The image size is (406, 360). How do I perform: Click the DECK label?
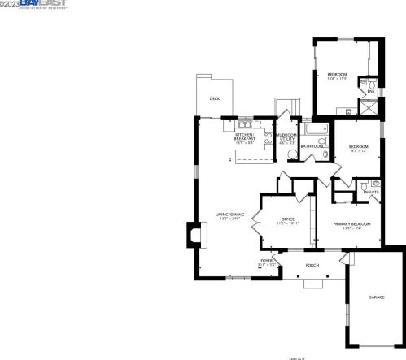(x=215, y=98)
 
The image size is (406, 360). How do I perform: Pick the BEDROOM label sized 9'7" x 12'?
(x=359, y=149)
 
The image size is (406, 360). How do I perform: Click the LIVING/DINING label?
(x=229, y=215)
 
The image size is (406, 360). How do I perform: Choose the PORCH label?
(x=312, y=266)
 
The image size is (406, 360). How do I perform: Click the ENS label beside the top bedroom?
(x=371, y=91)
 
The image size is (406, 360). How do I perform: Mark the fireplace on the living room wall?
(x=192, y=236)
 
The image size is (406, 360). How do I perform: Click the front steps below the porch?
(x=312, y=283)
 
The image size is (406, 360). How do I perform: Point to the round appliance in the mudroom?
(x=290, y=156)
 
